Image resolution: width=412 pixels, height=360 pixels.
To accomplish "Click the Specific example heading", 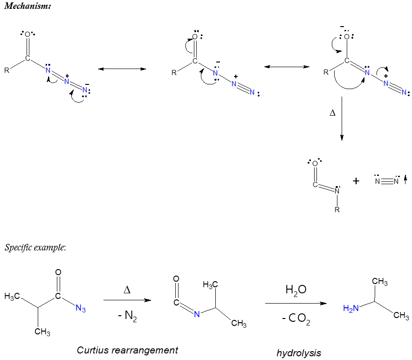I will pyautogui.click(x=35, y=247).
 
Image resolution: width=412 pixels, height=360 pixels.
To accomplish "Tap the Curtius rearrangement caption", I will pyautogui.click(x=127, y=350).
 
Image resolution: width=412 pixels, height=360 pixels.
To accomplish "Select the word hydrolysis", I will pyautogui.click(x=299, y=353).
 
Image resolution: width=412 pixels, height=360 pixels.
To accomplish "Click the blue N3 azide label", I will pyautogui.click(x=81, y=308).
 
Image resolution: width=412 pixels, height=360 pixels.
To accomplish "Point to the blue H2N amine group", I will pyautogui.click(x=351, y=308).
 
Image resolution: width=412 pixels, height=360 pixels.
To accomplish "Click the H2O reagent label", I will pyautogui.click(x=295, y=290).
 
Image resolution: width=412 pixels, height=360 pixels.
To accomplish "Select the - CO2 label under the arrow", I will pyautogui.click(x=296, y=320).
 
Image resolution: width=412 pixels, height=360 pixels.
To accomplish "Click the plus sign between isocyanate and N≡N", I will pyautogui.click(x=356, y=181).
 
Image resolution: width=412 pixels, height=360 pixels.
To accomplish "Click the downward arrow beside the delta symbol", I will pyautogui.click(x=342, y=118).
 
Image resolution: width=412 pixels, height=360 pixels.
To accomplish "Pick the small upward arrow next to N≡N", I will pyautogui.click(x=405, y=179).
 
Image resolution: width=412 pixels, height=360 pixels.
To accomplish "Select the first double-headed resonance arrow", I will pyautogui.click(x=122, y=69).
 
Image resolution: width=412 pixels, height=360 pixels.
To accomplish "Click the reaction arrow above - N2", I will pyautogui.click(x=127, y=300).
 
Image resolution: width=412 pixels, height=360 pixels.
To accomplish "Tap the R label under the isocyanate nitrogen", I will pyautogui.click(x=337, y=210).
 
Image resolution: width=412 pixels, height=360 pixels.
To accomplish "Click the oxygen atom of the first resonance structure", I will pyautogui.click(x=27, y=35).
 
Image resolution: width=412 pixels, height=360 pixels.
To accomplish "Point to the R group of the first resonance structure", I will pyautogui.click(x=7, y=71).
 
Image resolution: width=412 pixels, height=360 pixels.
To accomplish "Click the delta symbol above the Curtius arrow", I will pyautogui.click(x=127, y=290).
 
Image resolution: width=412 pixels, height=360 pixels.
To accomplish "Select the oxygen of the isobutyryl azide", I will pyautogui.click(x=58, y=272).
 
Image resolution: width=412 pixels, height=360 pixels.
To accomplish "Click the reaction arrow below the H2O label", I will pyautogui.click(x=295, y=304).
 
